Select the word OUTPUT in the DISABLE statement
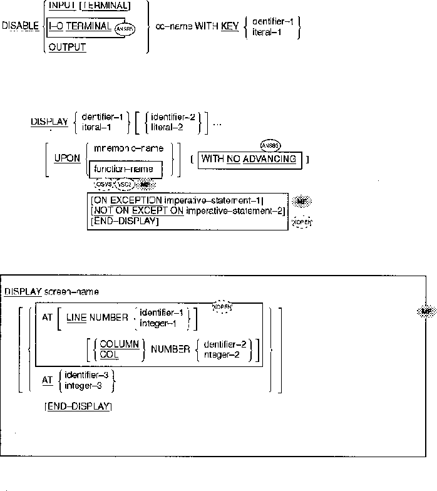67,47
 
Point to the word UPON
67,158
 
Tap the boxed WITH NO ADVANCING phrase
249,158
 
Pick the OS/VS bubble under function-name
102,185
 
